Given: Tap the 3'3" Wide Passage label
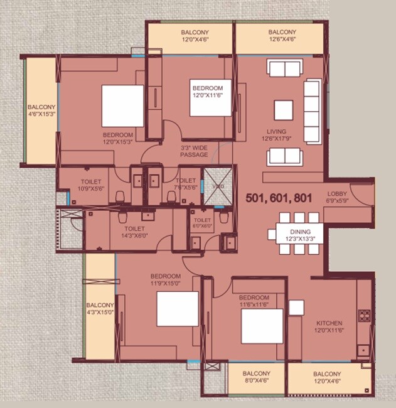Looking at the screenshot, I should [x=194, y=151].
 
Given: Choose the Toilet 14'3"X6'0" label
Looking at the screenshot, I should [x=135, y=233].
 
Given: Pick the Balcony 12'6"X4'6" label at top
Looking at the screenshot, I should [x=282, y=36].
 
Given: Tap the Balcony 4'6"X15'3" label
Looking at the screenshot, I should [x=41, y=111].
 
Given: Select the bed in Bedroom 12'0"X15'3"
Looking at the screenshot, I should [x=122, y=105].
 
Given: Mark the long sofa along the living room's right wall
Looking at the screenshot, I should [x=312, y=110].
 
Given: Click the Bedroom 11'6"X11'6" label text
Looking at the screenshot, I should [x=254, y=301].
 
